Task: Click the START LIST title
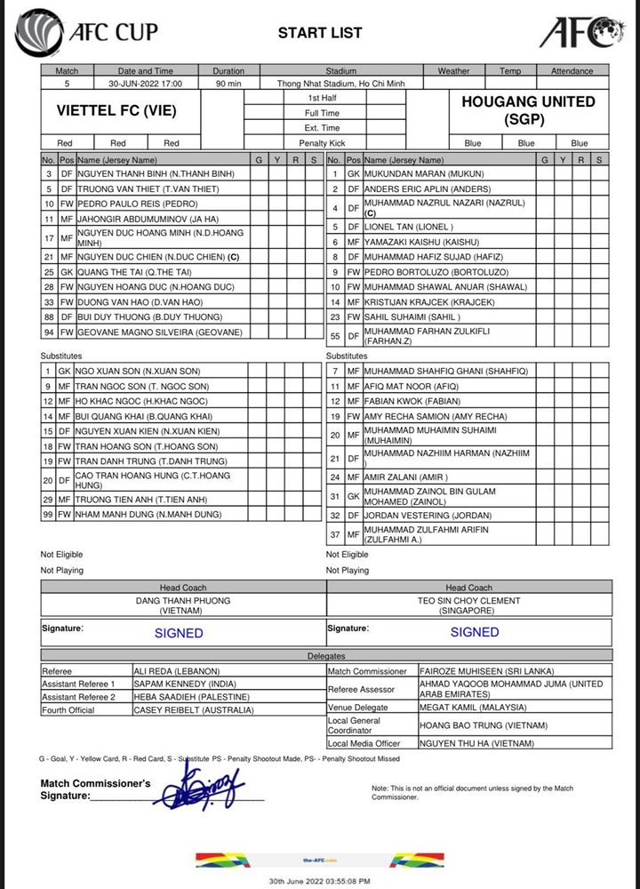[x=320, y=33]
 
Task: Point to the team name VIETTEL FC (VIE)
[x=116, y=111]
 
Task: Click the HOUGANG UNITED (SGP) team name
[x=528, y=110]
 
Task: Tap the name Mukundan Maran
[x=424, y=174]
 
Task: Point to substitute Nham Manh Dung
[x=143, y=515]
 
